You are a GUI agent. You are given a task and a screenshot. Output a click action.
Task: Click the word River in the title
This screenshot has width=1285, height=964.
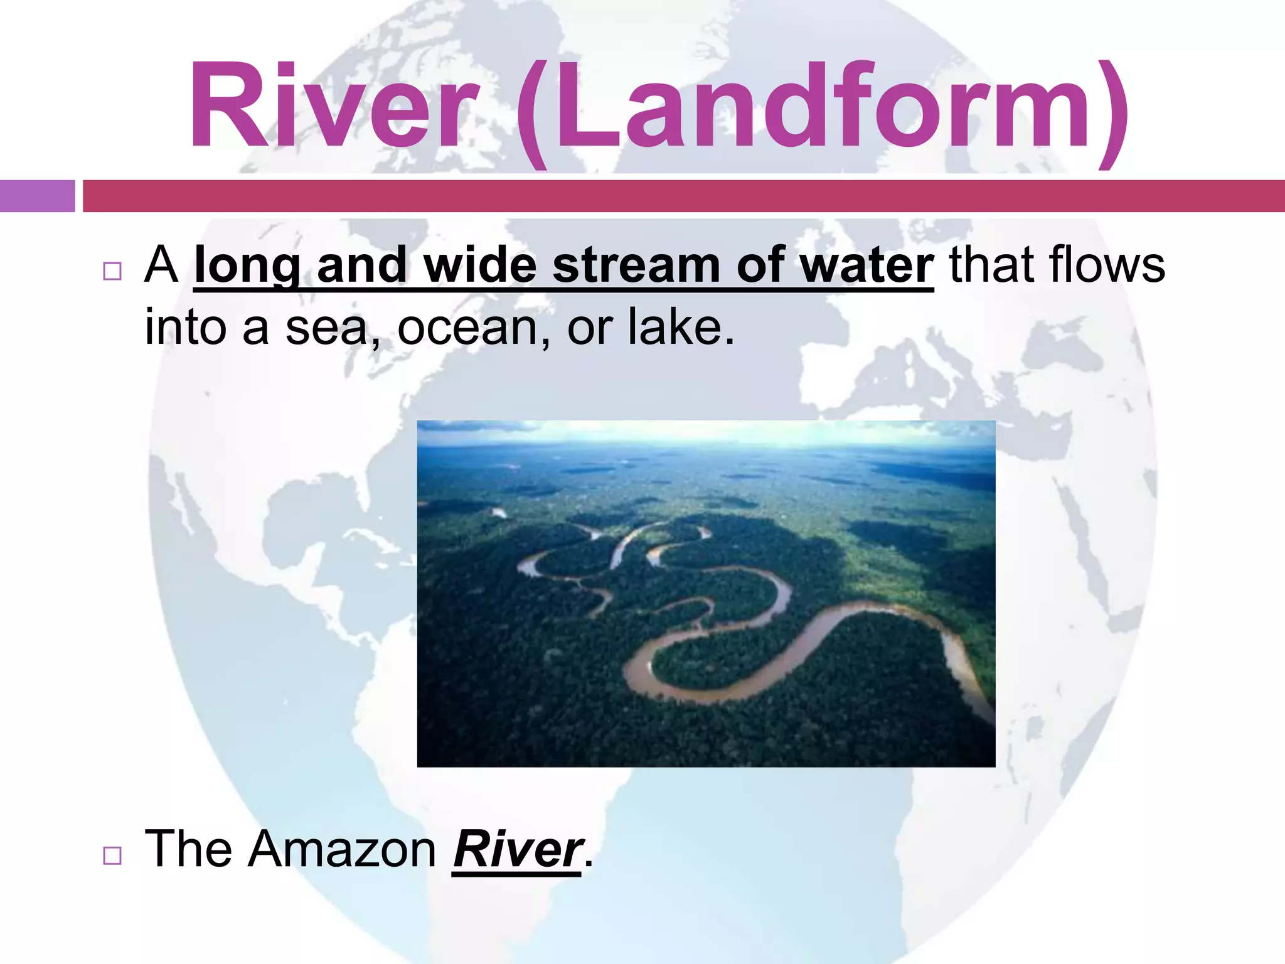point(333,105)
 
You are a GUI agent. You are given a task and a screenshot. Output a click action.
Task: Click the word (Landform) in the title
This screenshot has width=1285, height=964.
point(822,110)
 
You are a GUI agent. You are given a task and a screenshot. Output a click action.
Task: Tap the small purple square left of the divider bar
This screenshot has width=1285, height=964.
point(37,196)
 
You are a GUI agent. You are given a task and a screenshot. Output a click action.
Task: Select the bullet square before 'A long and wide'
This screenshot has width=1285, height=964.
point(112,271)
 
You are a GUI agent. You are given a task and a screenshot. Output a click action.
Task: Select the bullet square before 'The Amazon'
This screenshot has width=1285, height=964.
point(112,855)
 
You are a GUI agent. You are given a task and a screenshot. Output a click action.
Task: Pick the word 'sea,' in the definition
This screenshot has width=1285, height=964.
point(333,328)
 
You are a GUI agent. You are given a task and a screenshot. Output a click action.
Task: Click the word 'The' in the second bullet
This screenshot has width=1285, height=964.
point(188,849)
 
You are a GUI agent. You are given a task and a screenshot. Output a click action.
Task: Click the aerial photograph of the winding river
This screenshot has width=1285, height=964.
point(706,594)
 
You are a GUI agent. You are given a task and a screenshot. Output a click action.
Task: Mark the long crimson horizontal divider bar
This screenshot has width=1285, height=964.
point(684,196)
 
